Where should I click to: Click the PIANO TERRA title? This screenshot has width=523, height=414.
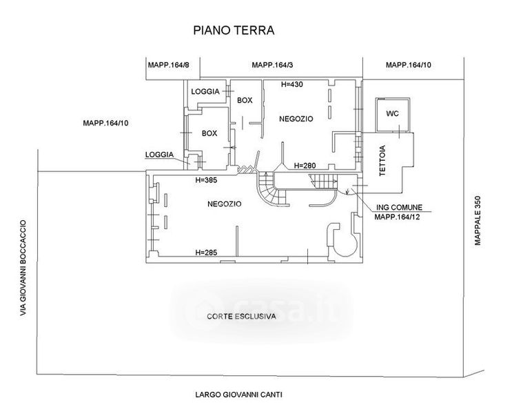coord(234,30)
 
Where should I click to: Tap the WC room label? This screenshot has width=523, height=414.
coord(392,114)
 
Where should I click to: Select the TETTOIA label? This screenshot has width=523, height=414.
coord(382,161)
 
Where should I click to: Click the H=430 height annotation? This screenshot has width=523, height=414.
coord(292,84)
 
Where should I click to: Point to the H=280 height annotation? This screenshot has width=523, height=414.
coord(305,166)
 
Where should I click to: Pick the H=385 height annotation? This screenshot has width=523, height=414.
coord(206,180)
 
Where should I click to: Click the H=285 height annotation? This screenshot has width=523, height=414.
coord(206,253)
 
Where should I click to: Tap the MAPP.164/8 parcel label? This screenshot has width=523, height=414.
coord(168,65)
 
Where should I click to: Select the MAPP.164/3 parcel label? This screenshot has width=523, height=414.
coord(272,65)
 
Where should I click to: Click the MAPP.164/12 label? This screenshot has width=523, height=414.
coord(397,217)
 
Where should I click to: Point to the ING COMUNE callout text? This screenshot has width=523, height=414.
coord(399,207)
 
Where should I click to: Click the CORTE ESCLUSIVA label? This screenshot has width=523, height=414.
coord(241,316)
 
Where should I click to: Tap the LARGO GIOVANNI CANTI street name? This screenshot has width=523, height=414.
coord(239,395)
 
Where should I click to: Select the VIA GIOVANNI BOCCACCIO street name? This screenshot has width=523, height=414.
coord(23,268)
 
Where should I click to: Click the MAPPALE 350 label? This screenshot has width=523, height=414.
coord(478,220)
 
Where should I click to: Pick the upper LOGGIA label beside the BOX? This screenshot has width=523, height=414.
coord(205,92)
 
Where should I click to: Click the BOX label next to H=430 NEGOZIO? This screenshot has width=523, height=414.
coord(245,100)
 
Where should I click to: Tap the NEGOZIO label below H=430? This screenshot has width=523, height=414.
coord(296,119)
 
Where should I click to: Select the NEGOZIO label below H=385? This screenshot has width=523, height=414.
coord(225,204)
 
